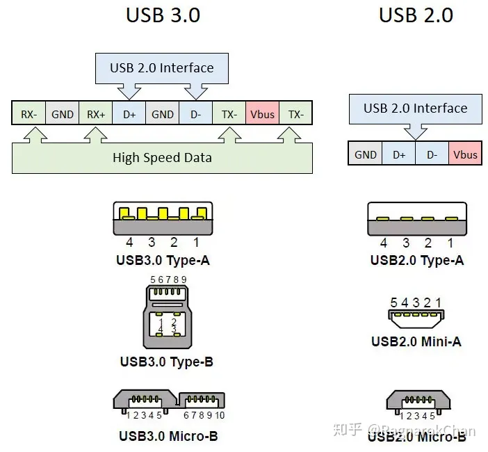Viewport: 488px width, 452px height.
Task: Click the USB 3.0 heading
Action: [x=163, y=15]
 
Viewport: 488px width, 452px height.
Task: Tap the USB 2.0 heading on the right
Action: [x=416, y=15]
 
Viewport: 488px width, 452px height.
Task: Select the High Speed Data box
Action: [x=162, y=158]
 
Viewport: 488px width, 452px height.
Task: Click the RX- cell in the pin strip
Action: [x=29, y=114]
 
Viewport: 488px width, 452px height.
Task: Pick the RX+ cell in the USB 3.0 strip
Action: [x=95, y=114]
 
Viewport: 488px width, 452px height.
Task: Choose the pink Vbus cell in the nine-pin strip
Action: [x=262, y=114]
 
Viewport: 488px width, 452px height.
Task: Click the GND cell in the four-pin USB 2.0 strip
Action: [x=365, y=154]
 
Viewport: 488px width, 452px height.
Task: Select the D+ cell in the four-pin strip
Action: [x=399, y=154]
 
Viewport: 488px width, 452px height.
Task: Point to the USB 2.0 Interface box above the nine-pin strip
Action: [x=161, y=68]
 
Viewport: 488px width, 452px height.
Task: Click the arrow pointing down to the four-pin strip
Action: [x=416, y=131]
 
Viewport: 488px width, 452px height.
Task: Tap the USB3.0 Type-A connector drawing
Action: [x=162, y=218]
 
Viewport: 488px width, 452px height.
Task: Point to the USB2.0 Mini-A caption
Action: [x=416, y=341]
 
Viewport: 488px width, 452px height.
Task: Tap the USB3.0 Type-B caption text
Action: [x=166, y=362]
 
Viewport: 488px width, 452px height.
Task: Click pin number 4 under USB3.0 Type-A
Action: [x=129, y=243]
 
